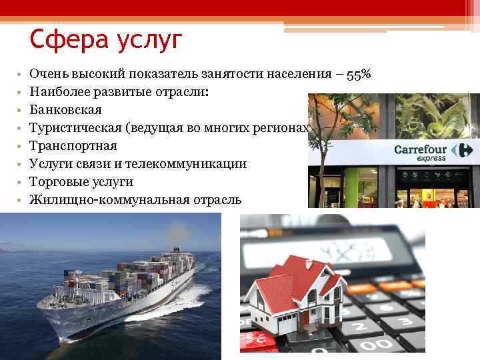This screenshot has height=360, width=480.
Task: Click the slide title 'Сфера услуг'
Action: pyautogui.click(x=105, y=41)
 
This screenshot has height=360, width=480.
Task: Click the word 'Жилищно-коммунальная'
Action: pyautogui.click(x=100, y=199)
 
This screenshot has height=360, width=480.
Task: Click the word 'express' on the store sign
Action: pyautogui.click(x=431, y=159)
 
